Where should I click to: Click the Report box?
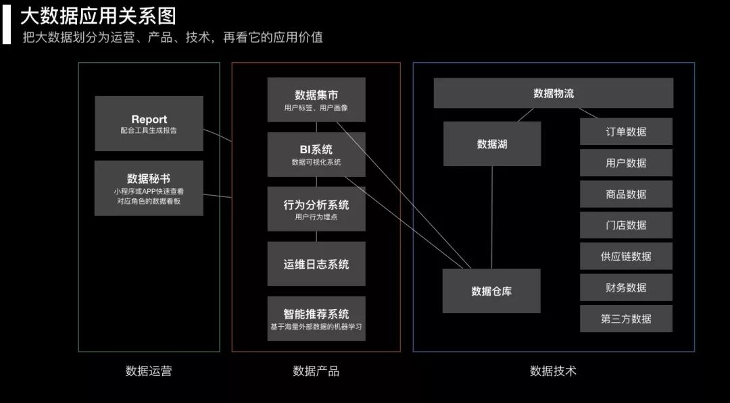tap(149, 124)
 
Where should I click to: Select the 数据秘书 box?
tap(149, 188)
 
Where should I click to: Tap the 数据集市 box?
tap(316, 100)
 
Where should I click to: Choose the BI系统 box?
tap(316, 155)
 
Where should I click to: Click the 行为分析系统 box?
tap(316, 209)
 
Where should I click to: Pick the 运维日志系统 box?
tap(316, 264)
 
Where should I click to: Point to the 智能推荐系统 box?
tap(316, 319)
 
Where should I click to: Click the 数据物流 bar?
tap(553, 93)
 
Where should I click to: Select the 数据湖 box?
tap(491, 144)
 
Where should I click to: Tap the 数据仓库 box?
tap(491, 291)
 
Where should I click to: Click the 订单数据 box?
tap(626, 132)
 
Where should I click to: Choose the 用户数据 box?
tap(626, 163)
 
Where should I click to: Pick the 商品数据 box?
tap(626, 194)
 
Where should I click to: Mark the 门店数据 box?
tap(626, 225)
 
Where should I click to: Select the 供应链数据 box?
tap(626, 256)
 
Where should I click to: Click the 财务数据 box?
tap(626, 287)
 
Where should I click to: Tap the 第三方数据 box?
tap(626, 318)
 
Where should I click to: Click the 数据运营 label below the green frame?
tap(149, 371)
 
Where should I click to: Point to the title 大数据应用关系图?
tap(98, 16)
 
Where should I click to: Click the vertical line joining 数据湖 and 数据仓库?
tap(491, 216)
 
